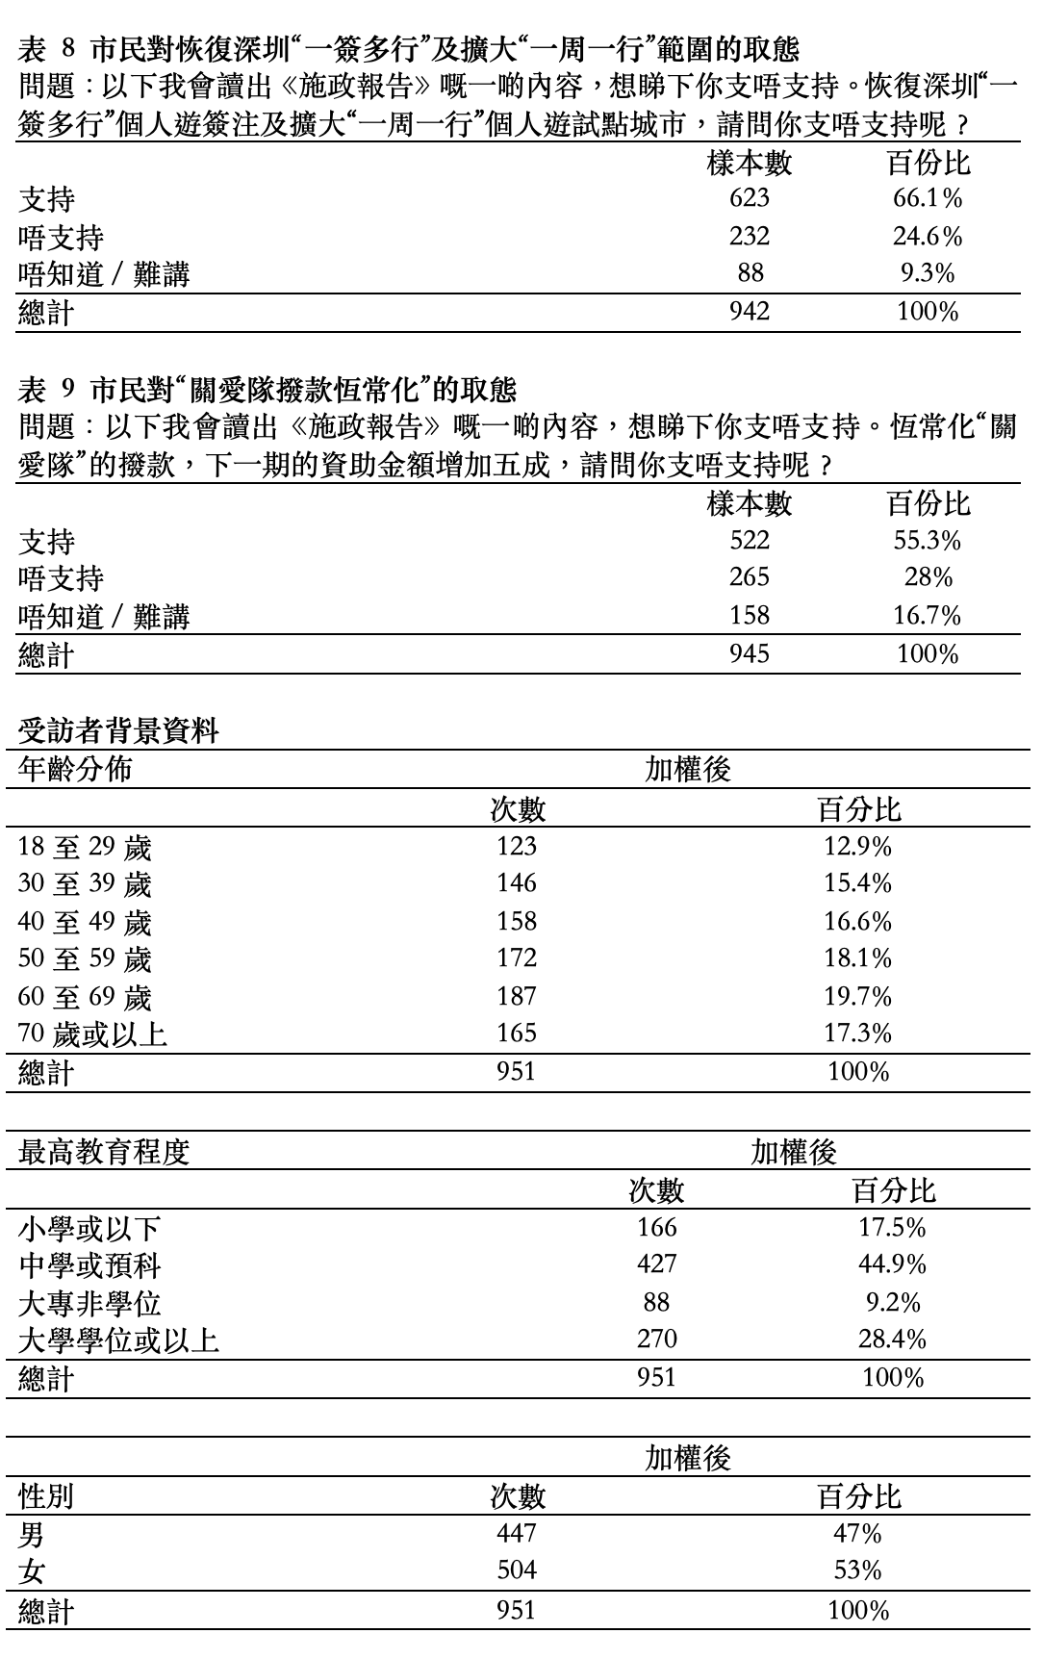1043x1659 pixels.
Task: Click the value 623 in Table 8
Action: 750,198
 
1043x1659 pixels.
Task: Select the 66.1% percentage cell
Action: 928,198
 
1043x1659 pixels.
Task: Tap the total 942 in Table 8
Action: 750,312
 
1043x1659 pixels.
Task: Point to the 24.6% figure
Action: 928,237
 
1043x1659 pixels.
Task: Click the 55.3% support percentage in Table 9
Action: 928,541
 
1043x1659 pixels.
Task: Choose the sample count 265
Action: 750,577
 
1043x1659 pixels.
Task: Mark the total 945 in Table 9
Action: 750,654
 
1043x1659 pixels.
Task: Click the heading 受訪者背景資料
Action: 118,731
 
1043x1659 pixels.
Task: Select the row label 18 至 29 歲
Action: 85,847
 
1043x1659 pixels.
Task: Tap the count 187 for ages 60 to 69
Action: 517,996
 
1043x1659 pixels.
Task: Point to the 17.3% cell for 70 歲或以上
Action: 858,1034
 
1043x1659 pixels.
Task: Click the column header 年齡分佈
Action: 75,770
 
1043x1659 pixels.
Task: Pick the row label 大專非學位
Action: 89,1303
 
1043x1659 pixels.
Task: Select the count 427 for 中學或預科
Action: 657,1263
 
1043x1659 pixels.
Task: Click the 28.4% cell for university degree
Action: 892,1339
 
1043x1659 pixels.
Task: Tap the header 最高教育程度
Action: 104,1152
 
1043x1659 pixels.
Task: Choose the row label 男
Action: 32,1533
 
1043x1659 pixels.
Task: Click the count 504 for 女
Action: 517,1570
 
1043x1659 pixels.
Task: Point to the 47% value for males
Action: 858,1533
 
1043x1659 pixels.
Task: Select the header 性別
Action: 46,1496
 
